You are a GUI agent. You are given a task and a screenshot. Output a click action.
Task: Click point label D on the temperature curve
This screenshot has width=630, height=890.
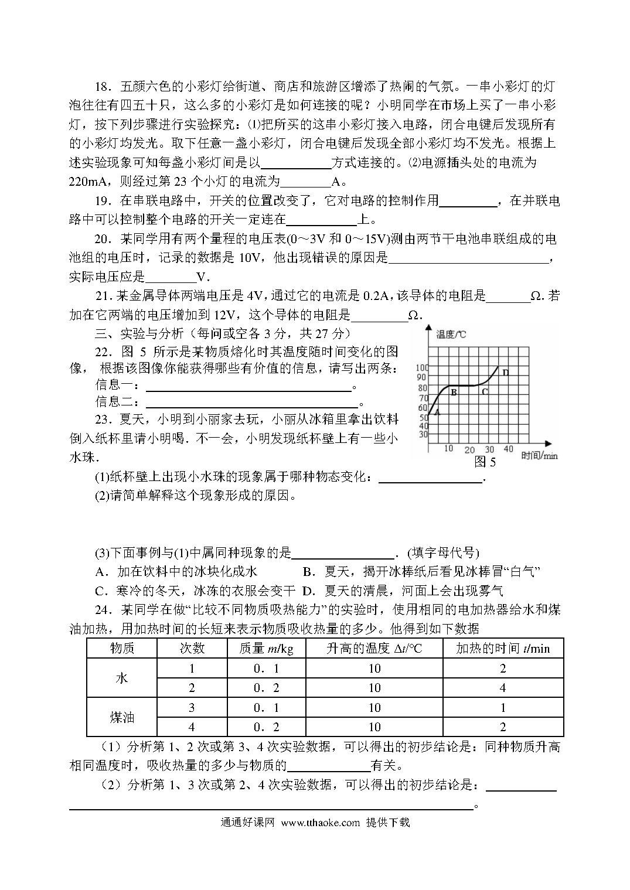[506, 372]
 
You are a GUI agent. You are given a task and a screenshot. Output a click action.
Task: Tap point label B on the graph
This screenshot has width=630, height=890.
[453, 393]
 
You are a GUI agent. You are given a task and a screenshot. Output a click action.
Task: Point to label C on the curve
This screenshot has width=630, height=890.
[485, 391]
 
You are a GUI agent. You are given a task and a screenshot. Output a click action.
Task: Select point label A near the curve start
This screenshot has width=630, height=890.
[437, 411]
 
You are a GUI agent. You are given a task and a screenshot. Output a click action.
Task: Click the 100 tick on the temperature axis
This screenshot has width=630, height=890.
[422, 368]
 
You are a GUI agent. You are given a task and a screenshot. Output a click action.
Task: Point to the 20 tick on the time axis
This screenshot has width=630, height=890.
[469, 450]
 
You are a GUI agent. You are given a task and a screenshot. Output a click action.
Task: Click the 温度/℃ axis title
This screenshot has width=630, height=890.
[451, 335]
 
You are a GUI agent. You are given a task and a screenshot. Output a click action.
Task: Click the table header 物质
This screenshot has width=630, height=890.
[122, 648]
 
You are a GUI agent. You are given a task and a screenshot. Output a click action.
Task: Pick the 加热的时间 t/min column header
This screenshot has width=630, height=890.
[503, 648]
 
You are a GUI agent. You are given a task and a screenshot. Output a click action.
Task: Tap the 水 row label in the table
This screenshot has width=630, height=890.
[122, 678]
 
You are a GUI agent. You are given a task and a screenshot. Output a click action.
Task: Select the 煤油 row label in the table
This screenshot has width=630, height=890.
[122, 717]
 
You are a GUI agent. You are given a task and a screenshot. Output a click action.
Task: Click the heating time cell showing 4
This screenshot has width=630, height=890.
[503, 688]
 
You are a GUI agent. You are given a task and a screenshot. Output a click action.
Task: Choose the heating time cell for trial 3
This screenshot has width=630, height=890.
[503, 708]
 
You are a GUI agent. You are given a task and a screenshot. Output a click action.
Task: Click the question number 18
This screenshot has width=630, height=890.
[103, 87]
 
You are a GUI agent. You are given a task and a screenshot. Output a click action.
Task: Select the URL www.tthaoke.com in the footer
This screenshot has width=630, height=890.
[320, 822]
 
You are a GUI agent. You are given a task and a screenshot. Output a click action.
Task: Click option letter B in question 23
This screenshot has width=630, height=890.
[307, 572]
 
